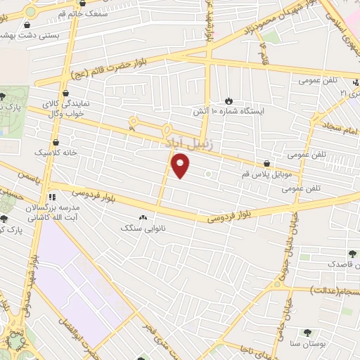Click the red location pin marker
point(181,166)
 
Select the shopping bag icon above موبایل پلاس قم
point(266,163)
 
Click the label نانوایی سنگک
point(136,229)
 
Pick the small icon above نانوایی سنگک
point(144,218)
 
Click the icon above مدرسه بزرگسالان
point(51,198)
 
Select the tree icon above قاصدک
point(352,253)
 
